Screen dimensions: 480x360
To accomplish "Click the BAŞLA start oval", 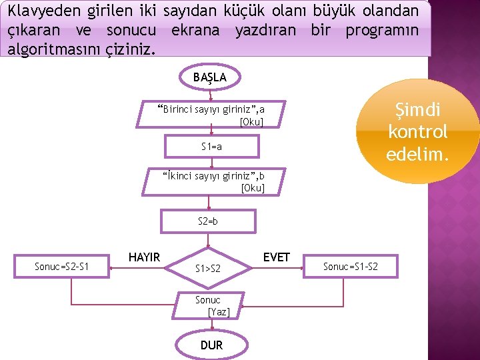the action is pyautogui.click(x=209, y=77).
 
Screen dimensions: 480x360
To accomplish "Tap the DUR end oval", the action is pyautogui.click(x=211, y=345).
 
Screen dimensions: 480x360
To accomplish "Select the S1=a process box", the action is pyautogui.click(x=211, y=146).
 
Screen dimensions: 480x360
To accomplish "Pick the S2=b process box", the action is pyautogui.click(x=208, y=221).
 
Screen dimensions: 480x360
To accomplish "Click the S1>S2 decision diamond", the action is pyautogui.click(x=208, y=268).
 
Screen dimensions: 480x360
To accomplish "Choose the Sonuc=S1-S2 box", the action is pyautogui.click(x=350, y=267).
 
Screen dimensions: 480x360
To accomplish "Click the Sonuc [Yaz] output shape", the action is pyautogui.click(x=211, y=306).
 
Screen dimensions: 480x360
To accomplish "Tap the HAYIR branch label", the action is pyautogui.click(x=144, y=257).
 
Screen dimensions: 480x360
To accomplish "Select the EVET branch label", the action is pyautogui.click(x=276, y=257).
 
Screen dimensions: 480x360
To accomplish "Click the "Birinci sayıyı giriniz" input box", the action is pyautogui.click(x=211, y=115).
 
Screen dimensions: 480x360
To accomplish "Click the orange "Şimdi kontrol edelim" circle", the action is pyautogui.click(x=418, y=131).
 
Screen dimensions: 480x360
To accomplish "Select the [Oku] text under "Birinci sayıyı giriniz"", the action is pyautogui.click(x=251, y=122).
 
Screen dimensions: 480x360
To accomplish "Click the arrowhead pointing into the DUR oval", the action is pyautogui.click(x=211, y=327).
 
